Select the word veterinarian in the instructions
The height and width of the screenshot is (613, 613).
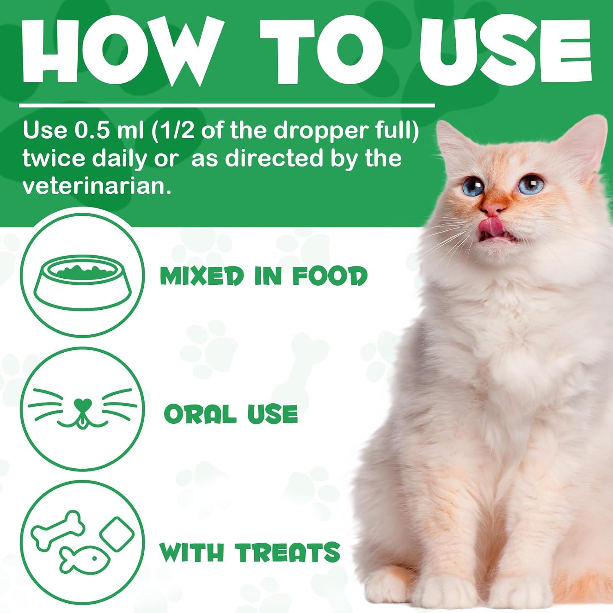click(x=96, y=186)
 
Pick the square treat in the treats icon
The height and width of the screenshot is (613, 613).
click(x=117, y=534)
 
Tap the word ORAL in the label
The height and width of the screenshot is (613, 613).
click(x=200, y=414)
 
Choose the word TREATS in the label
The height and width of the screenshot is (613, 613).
click(x=287, y=553)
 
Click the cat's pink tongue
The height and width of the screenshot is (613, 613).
click(x=491, y=227)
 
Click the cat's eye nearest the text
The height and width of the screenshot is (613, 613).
click(x=474, y=187)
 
